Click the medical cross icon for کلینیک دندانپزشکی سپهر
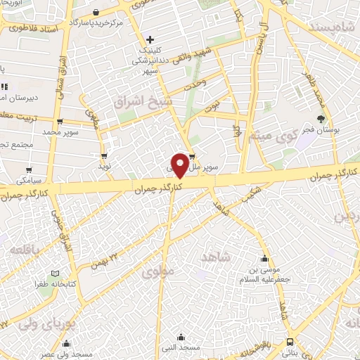[150, 39]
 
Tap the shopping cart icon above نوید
[105, 155]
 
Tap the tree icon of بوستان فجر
[321, 119]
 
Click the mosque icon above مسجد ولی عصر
[66, 343]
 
